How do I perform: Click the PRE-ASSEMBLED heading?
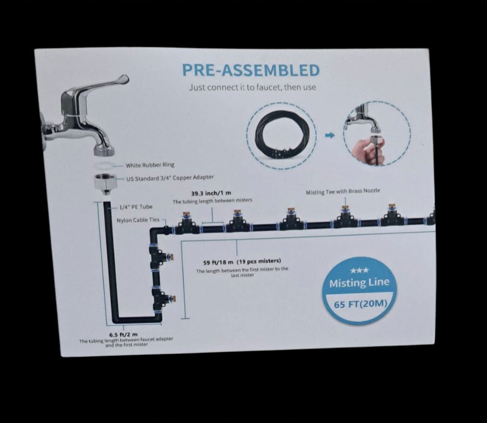(251, 70)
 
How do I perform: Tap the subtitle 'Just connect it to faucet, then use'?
(253, 87)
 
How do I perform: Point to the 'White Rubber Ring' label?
(150, 165)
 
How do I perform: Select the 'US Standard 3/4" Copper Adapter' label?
(170, 178)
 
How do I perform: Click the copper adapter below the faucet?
(106, 184)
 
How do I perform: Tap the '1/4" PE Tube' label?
(136, 207)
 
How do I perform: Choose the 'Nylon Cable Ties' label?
(138, 220)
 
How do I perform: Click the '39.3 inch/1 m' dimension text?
(211, 194)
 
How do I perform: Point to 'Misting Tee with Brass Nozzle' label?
(343, 191)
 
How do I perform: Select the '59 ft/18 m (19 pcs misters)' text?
(242, 261)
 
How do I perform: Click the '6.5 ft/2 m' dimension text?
(123, 334)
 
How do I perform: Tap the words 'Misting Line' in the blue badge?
(359, 282)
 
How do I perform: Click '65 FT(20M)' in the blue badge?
(360, 303)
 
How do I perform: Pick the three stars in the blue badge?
(359, 270)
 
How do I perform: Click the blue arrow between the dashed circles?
(330, 135)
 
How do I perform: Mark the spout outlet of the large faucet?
(104, 151)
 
